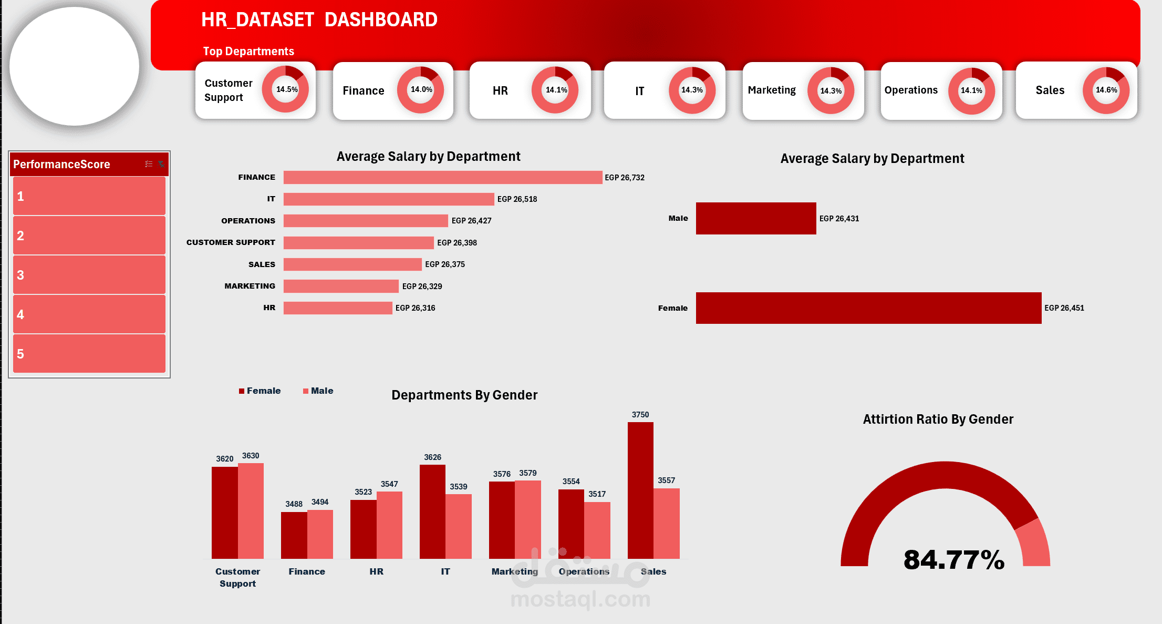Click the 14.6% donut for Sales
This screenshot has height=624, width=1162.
[x=1106, y=90]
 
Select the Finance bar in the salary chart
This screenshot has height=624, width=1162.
[x=442, y=177]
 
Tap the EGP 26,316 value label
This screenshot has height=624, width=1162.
[x=415, y=308]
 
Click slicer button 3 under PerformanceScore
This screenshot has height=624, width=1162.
[x=89, y=275]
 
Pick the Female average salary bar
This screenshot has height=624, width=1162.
[x=868, y=308]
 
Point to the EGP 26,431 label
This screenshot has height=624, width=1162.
[x=839, y=219]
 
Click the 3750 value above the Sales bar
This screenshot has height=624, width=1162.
[x=640, y=415]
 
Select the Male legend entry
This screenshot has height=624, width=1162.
[x=318, y=391]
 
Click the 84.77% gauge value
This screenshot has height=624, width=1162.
[x=953, y=559]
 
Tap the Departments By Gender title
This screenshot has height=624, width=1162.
[x=464, y=395]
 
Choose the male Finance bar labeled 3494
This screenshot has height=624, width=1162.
[x=320, y=534]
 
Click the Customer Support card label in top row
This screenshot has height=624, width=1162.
[x=228, y=90]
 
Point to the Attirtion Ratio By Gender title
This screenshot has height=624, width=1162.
[x=938, y=419]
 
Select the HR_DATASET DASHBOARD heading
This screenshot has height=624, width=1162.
[x=319, y=20]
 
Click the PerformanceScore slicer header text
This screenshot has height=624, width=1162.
[x=61, y=164]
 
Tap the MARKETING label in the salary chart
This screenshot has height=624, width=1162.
[x=250, y=286]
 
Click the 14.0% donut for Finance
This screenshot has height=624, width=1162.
[x=421, y=90]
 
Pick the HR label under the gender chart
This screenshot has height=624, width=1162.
[x=376, y=571]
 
